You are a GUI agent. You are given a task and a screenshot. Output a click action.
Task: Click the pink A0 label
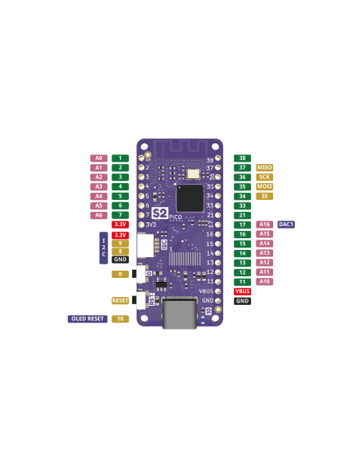[99, 158]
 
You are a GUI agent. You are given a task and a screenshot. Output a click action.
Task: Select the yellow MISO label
[264, 168]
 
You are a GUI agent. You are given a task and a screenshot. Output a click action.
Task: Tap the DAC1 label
[287, 225]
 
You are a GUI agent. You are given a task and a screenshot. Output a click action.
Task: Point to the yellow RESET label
[120, 301]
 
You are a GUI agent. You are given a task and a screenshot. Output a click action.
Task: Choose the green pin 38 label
[242, 158]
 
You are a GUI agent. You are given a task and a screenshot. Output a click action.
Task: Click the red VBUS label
[242, 291]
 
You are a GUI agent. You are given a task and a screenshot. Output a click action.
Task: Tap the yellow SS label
[264, 196]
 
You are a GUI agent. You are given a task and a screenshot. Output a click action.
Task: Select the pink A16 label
[264, 225]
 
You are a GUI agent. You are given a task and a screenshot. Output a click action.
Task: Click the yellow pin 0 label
[120, 274]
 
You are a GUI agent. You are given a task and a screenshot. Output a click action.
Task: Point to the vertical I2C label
[104, 248]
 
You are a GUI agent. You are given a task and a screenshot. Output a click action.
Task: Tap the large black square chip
[190, 198]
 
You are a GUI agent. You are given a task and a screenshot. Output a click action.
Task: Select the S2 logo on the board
[159, 213]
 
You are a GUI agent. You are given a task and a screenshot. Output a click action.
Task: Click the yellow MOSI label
[264, 186]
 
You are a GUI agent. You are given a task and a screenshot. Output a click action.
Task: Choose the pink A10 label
[264, 282]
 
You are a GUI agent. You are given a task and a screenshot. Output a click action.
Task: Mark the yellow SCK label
[264, 177]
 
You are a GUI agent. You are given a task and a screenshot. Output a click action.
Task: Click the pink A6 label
[99, 215]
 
